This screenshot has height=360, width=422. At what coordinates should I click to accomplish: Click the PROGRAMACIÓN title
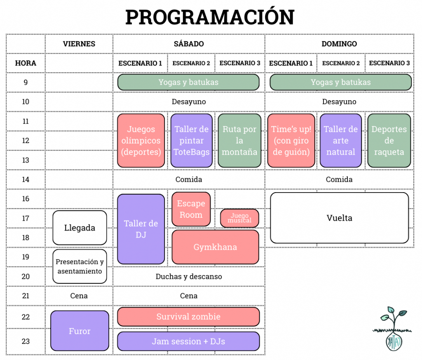click(x=210, y=17)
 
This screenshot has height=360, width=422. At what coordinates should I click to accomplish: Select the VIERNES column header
click(x=79, y=44)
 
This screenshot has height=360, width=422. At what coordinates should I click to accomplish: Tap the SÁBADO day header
click(x=189, y=44)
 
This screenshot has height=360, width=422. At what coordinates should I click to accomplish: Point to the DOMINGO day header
click(x=339, y=44)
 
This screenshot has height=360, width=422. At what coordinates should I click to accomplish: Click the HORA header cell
click(x=26, y=63)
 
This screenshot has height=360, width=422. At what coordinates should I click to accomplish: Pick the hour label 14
click(x=26, y=179)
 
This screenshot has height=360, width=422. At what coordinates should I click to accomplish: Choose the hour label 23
click(x=26, y=341)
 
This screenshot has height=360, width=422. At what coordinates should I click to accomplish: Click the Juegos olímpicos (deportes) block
click(x=141, y=141)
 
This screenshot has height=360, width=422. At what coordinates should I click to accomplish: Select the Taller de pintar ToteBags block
click(x=192, y=141)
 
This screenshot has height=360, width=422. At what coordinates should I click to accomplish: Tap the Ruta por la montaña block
click(x=239, y=141)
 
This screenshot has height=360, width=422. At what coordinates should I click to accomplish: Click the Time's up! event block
click(x=291, y=141)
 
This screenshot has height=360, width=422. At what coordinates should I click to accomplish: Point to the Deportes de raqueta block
click(x=389, y=141)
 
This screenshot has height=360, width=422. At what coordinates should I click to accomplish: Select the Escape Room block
click(x=191, y=209)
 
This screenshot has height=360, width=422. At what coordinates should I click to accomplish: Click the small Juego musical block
click(x=239, y=218)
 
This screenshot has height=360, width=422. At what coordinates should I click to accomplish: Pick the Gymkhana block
click(x=215, y=247)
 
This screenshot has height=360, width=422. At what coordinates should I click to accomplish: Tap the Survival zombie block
click(x=188, y=317)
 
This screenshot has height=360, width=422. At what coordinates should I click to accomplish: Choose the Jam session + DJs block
click(x=188, y=341)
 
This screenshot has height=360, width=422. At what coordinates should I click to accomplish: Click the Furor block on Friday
click(x=80, y=331)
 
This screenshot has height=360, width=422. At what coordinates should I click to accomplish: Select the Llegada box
click(x=80, y=228)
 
